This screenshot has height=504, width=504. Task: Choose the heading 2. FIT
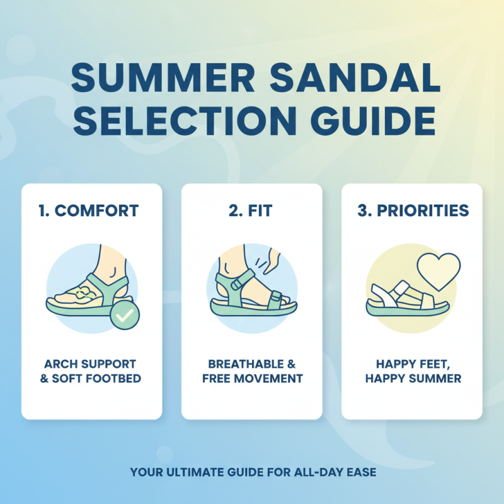click(252, 211)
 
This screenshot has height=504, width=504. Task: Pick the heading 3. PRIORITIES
click(413, 211)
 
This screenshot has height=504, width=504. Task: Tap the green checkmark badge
click(125, 315)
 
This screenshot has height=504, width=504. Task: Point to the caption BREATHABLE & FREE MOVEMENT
click(252, 372)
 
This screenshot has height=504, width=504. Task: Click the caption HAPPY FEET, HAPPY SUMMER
click(412, 372)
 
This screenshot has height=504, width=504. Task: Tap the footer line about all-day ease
click(253, 471)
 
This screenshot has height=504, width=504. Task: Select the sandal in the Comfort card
click(85, 296)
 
